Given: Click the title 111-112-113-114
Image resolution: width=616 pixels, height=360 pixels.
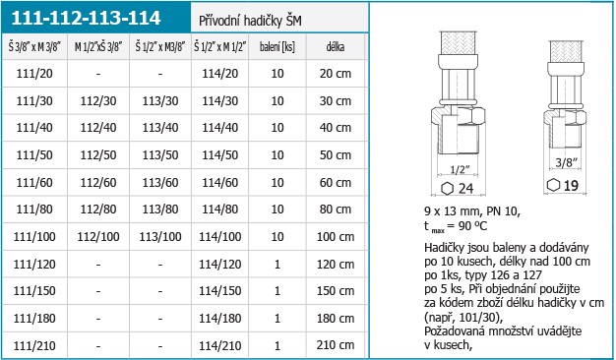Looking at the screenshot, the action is [86, 18].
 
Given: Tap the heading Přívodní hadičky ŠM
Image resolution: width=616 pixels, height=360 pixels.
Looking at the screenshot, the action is [250, 21].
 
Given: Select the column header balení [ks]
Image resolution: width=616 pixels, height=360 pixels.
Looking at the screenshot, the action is [277, 47].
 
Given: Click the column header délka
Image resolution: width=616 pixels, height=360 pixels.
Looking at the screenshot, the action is [336, 47].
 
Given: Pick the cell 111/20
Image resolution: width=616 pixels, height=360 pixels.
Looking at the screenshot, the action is [34, 74].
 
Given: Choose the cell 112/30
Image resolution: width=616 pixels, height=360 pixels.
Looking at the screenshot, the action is [98, 101].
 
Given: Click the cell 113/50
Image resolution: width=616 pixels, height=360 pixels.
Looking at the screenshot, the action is [160, 155].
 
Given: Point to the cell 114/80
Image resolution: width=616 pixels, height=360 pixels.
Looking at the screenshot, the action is [220, 210].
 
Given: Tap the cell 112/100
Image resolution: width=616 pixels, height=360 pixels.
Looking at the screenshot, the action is [98, 237].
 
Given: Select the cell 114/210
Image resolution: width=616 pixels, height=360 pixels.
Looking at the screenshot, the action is [220, 345].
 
